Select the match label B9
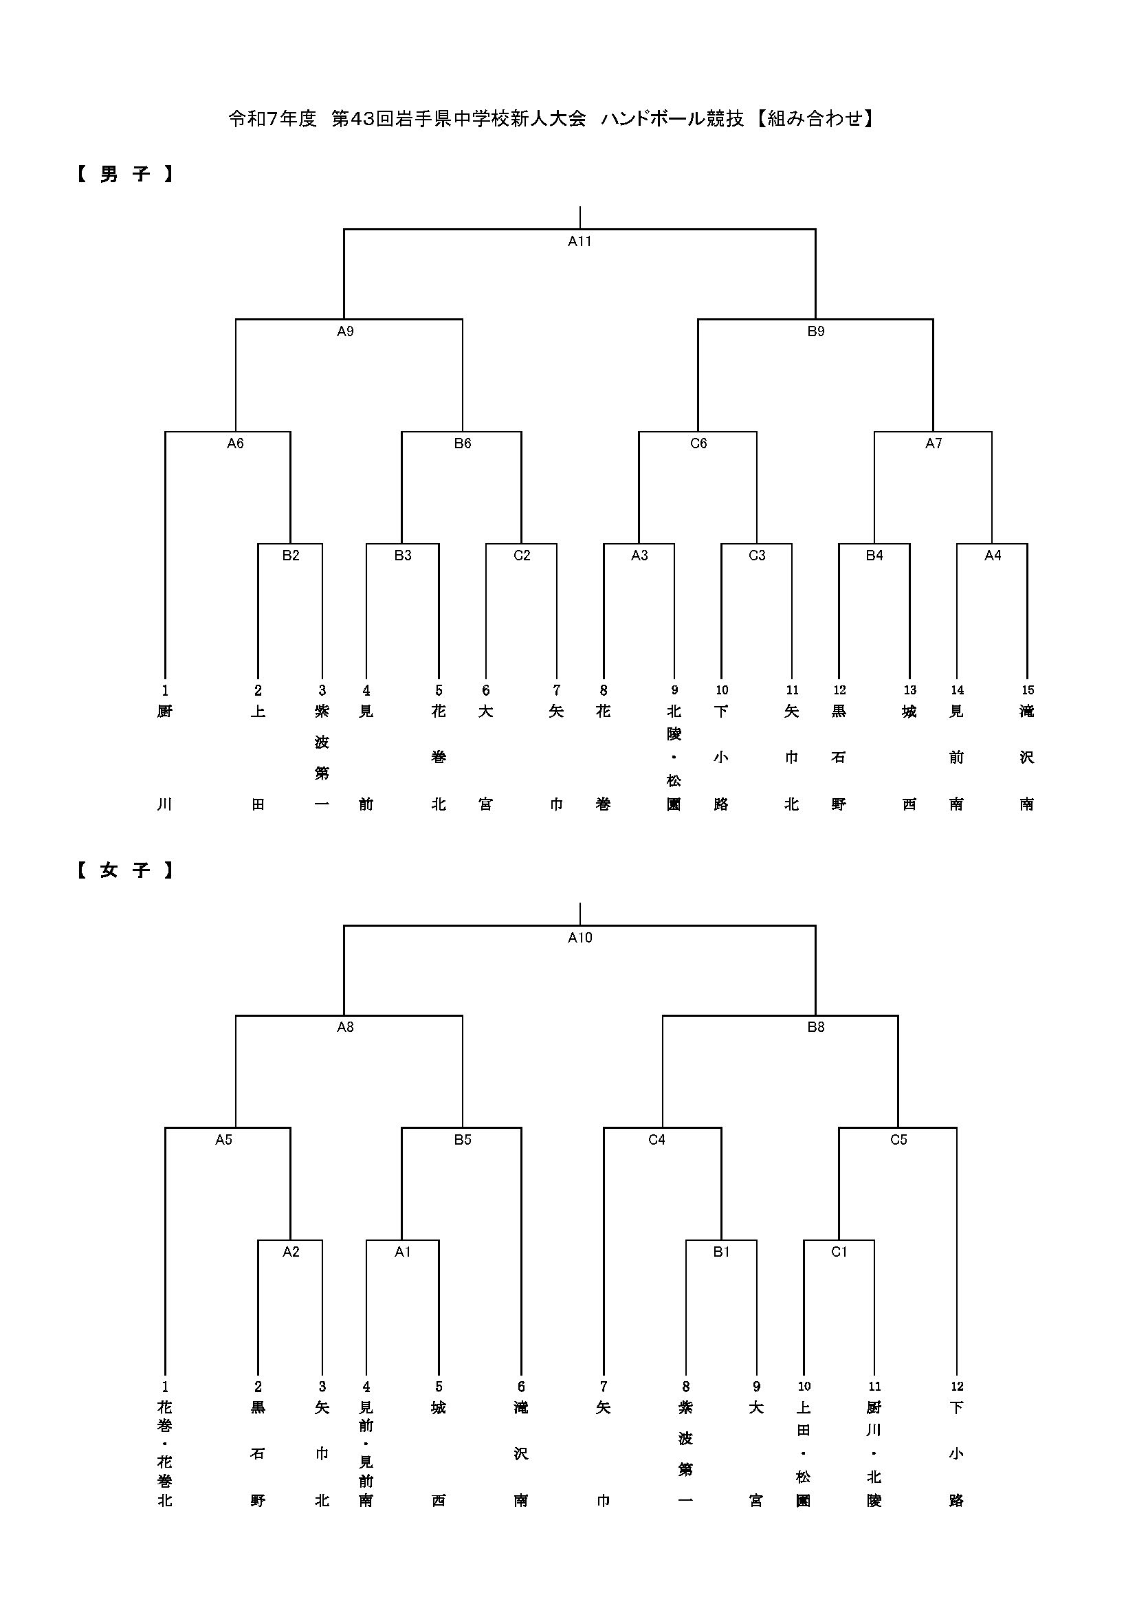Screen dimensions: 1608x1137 [816, 331]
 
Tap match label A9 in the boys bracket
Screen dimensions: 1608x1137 [345, 331]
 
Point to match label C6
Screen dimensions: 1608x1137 [698, 443]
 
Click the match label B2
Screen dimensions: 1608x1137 [291, 555]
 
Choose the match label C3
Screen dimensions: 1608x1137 [757, 555]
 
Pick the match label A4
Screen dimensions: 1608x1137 [992, 555]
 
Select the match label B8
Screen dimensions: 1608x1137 [816, 1027]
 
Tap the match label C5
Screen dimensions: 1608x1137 [898, 1139]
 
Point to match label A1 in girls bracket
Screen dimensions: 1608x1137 [403, 1251]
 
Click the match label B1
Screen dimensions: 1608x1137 [721, 1251]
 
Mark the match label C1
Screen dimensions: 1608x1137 [839, 1251]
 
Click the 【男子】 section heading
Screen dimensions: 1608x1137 [124, 174]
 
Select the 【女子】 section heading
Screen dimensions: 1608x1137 [124, 870]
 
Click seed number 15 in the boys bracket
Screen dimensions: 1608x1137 [1027, 690]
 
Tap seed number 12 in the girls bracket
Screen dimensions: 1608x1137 [956, 1387]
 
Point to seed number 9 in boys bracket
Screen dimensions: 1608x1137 [674, 690]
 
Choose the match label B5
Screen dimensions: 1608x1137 [462, 1139]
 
